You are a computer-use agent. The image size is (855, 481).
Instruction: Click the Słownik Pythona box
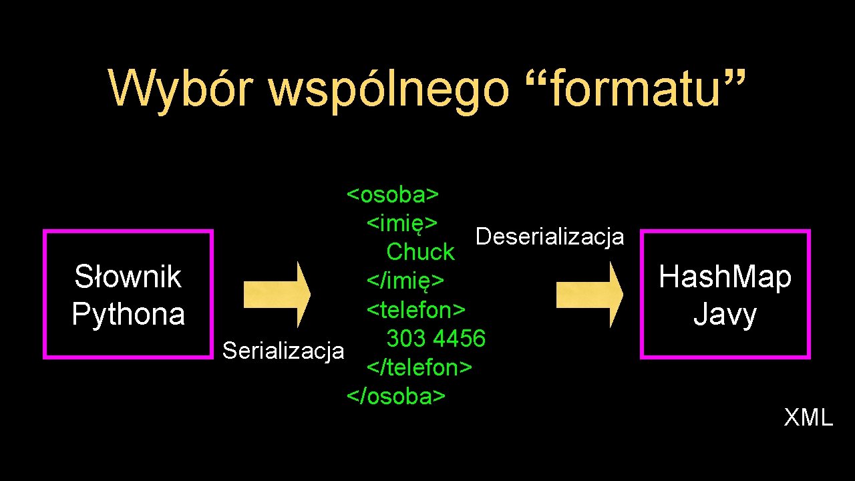point(128,295)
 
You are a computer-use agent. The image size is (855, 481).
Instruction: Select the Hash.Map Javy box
point(725,295)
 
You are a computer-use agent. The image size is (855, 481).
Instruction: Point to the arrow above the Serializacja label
point(277,294)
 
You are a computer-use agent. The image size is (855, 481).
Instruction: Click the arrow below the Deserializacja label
point(590,294)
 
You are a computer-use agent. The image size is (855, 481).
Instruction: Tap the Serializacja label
point(283,350)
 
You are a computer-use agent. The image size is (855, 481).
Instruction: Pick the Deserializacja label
point(549,236)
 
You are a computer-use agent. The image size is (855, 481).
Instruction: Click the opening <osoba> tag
point(393,194)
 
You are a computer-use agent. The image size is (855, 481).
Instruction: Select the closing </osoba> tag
point(395,395)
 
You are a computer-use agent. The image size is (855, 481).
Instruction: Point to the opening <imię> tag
point(402,222)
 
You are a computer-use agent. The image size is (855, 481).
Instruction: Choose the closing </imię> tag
point(405,281)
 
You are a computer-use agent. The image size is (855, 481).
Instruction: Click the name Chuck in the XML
point(420,252)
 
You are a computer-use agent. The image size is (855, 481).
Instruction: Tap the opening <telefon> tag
point(415,309)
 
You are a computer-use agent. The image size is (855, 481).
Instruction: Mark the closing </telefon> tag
point(419,367)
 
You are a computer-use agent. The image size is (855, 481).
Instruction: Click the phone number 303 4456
point(436,338)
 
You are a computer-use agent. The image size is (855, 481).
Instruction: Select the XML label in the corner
point(808,418)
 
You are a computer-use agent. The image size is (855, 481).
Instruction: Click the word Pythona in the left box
point(128,314)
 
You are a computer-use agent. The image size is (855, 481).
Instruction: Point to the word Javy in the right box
point(725,314)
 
